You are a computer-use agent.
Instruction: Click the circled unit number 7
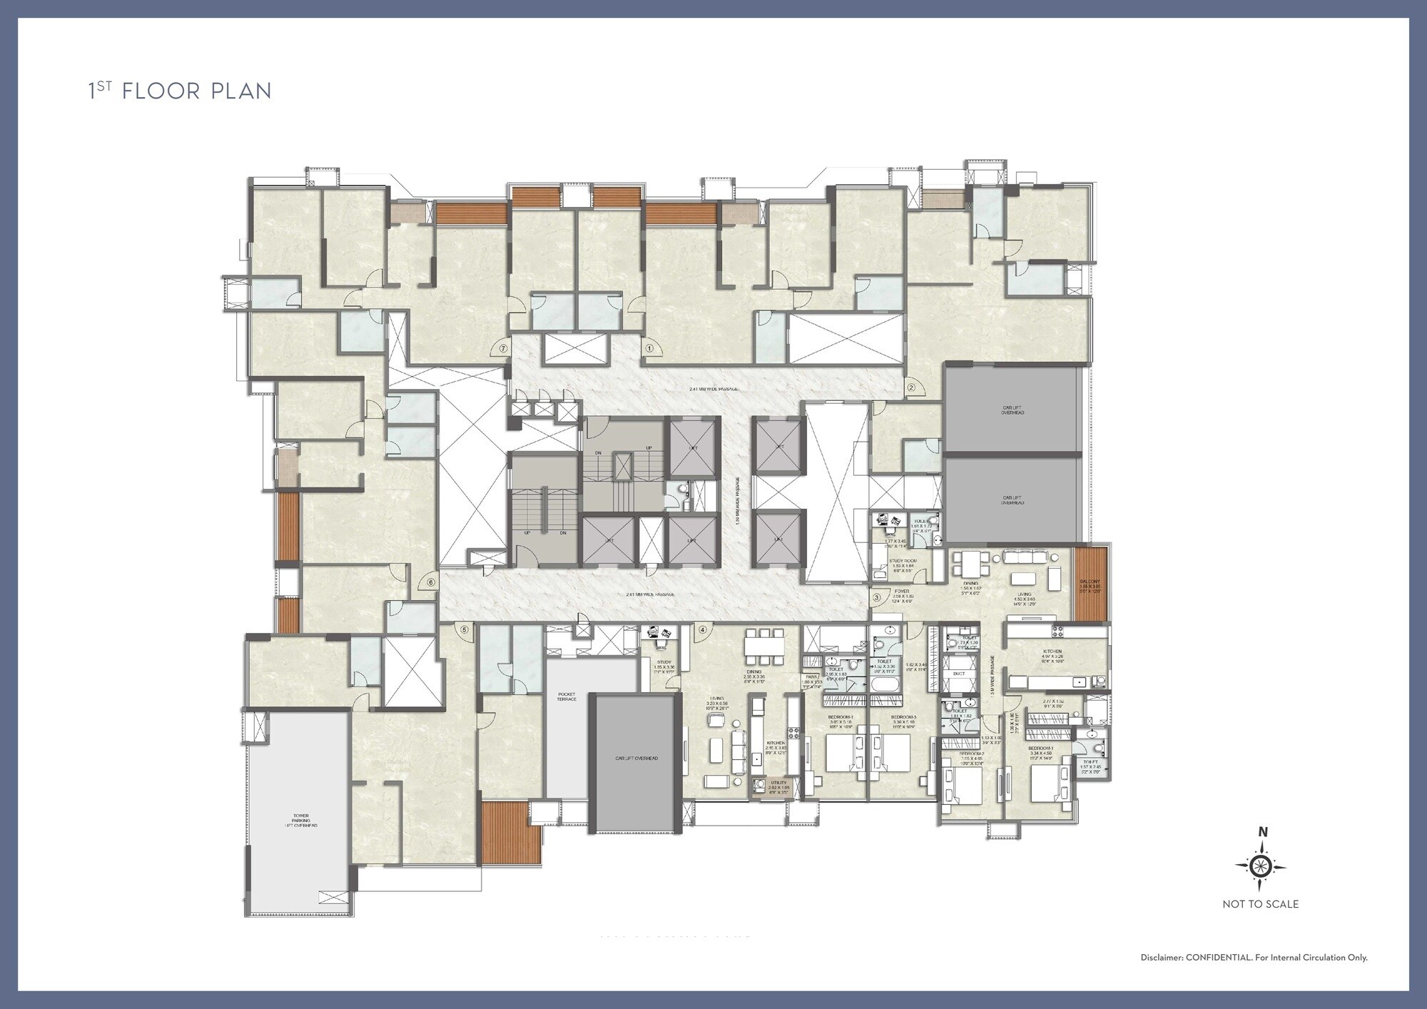[x=504, y=349]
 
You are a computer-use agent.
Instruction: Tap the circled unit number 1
[x=649, y=349]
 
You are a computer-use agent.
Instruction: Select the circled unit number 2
[x=910, y=388]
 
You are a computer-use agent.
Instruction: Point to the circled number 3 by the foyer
[x=876, y=597]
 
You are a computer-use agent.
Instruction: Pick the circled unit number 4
[x=703, y=630]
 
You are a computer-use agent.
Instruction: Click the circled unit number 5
[x=464, y=630]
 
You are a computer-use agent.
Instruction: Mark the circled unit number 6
[x=430, y=582]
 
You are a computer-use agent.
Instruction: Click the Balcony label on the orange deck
[x=1090, y=583]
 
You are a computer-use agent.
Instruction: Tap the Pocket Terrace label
[x=567, y=696]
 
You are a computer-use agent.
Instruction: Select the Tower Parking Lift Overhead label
[x=300, y=820]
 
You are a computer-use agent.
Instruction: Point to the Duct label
[x=959, y=674]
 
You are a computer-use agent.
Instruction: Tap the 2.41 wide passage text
[x=713, y=389]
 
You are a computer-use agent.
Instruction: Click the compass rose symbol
[x=1261, y=866]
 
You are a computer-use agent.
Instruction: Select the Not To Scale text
[x=1261, y=904]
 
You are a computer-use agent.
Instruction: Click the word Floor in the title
[x=161, y=91]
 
